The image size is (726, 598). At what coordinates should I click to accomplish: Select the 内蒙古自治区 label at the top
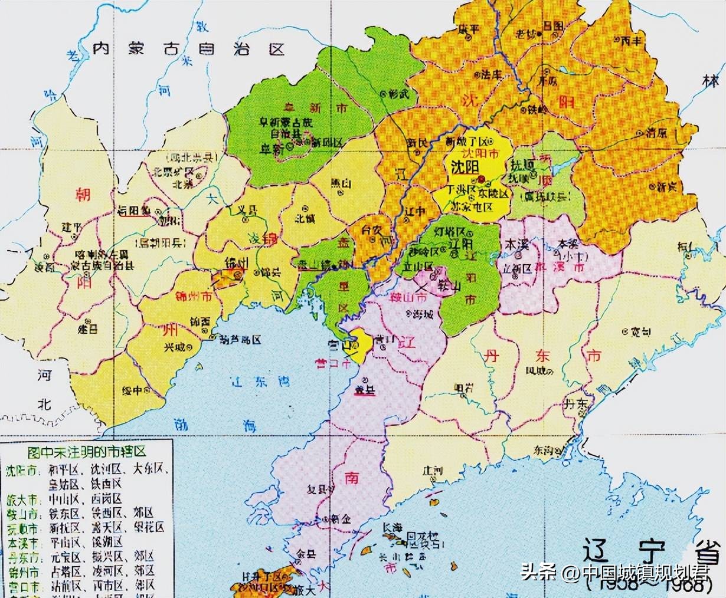pyautogui.click(x=189, y=48)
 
